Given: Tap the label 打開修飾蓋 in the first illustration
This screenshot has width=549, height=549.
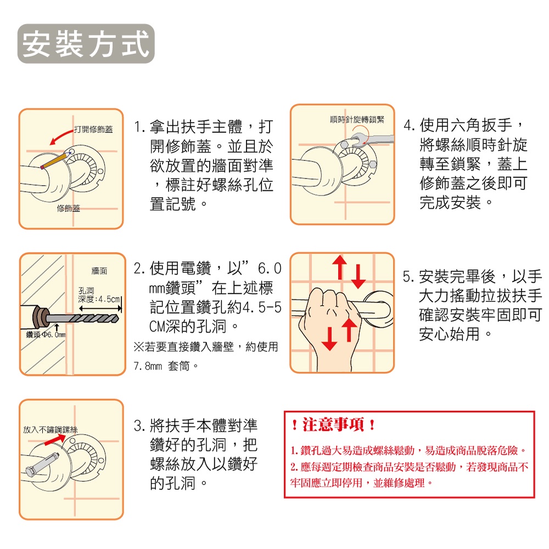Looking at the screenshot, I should click(x=93, y=130).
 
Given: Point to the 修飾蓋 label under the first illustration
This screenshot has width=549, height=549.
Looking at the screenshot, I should click(x=68, y=209).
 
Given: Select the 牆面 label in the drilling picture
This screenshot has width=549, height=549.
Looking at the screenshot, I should click(x=99, y=271).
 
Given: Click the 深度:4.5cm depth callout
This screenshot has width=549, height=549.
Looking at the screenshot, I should click(x=99, y=300).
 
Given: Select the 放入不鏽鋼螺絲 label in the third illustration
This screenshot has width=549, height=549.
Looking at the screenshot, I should click(x=52, y=428).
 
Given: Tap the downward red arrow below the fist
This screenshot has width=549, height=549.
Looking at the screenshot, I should click(x=329, y=337).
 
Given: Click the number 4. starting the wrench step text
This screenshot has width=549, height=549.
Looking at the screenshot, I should click(x=410, y=126).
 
